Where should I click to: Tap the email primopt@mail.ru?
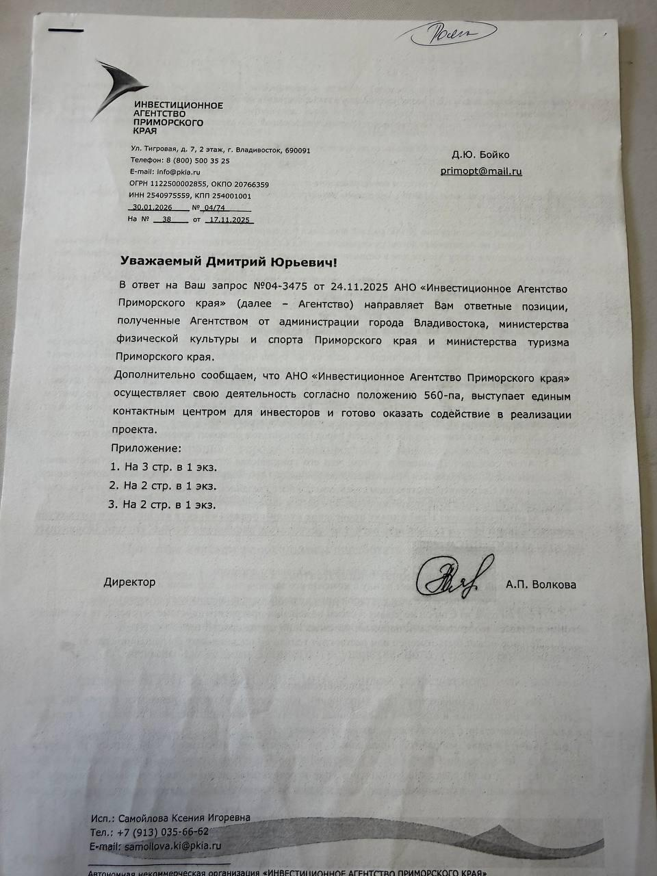pos(480,171)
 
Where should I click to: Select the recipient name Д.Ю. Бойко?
pos(480,155)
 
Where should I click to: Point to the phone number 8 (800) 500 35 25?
pos(198,161)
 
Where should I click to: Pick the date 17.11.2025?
pos(231,220)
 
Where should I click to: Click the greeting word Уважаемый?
pos(160,261)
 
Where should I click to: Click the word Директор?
pos(129,582)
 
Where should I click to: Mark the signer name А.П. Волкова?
pos(541,584)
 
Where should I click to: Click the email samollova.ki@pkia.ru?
pos(172,846)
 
